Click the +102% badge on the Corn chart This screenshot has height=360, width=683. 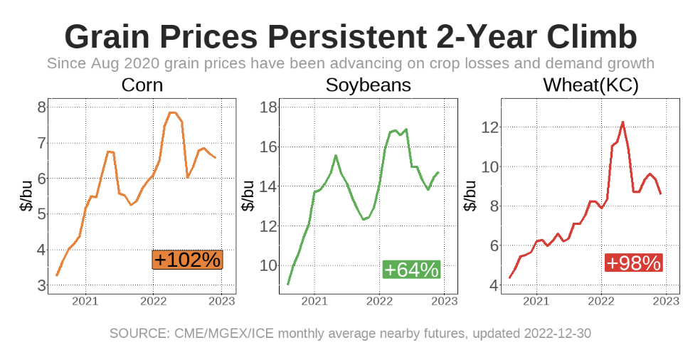pyautogui.click(x=187, y=260)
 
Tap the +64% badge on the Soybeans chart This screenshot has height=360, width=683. pyautogui.click(x=411, y=270)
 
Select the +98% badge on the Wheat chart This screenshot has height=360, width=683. pyautogui.click(x=633, y=263)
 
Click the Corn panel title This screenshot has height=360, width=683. pyautogui.click(x=142, y=85)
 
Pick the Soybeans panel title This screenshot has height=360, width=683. pyautogui.click(x=368, y=85)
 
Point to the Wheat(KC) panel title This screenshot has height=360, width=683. pyautogui.click(x=591, y=85)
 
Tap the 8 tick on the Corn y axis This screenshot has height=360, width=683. pyautogui.click(x=42, y=107)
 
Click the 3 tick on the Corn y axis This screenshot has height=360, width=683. pyautogui.click(x=42, y=285)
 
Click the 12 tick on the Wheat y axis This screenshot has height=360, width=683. pyautogui.click(x=489, y=127)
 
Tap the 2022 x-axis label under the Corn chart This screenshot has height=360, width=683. pyautogui.click(x=153, y=301)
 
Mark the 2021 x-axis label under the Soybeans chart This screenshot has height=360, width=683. pyautogui.click(x=314, y=301)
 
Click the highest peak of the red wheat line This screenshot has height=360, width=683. pyautogui.click(x=623, y=122)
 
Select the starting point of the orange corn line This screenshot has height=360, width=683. pyautogui.click(x=57, y=275)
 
